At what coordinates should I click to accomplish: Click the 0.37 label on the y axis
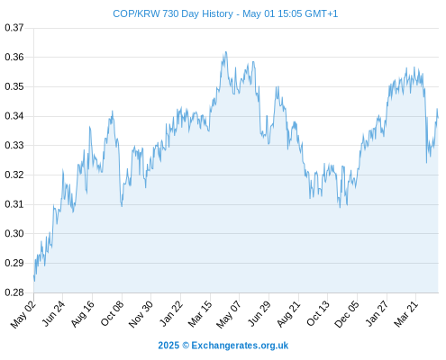point(14,28)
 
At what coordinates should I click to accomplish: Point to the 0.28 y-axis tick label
point(14,292)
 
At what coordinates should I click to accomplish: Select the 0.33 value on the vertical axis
point(14,146)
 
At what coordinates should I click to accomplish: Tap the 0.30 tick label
point(14,234)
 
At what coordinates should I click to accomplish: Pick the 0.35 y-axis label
point(14,86)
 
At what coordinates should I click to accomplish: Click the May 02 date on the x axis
point(23,314)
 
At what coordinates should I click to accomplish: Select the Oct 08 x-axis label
point(112,313)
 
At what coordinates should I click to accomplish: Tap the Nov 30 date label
point(141,314)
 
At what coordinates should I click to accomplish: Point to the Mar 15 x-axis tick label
point(200,314)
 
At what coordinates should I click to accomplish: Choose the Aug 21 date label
point(288,314)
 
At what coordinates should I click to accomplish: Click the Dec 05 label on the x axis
point(347,314)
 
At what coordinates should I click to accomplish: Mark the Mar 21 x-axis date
point(405,314)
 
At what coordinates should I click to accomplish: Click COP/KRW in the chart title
point(136,13)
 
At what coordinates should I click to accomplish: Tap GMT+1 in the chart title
point(322,13)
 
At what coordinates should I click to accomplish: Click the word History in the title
point(217,14)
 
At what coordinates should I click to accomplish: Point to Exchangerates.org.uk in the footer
point(240,346)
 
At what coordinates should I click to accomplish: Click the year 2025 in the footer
point(168,346)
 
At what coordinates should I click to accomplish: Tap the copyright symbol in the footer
point(186,346)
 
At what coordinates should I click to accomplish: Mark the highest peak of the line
point(226,52)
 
